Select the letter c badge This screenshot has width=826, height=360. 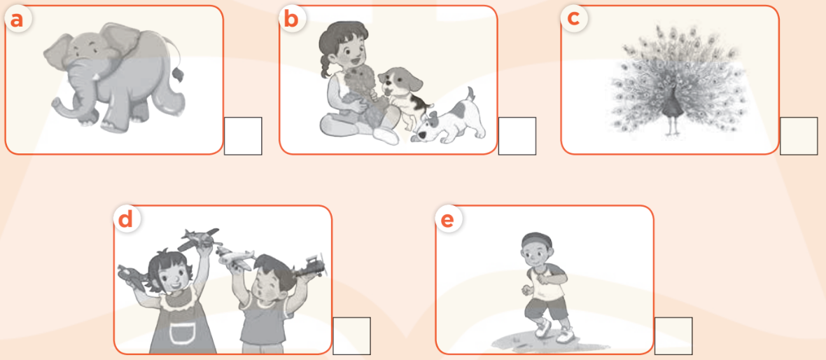coord(573,19)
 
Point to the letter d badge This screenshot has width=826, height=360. coord(127,219)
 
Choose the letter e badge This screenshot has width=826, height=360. coord(448,219)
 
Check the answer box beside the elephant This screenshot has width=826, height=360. coord(243,136)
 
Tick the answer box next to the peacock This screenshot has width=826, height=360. coord(799,136)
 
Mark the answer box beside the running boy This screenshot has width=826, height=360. coord(673,335)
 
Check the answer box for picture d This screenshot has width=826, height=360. coord(351,335)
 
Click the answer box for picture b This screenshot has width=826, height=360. coord(517,136)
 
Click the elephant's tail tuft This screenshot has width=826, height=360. coord(178,74)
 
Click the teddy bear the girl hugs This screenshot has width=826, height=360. coord(363,92)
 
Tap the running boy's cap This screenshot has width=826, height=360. coord(535,240)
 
